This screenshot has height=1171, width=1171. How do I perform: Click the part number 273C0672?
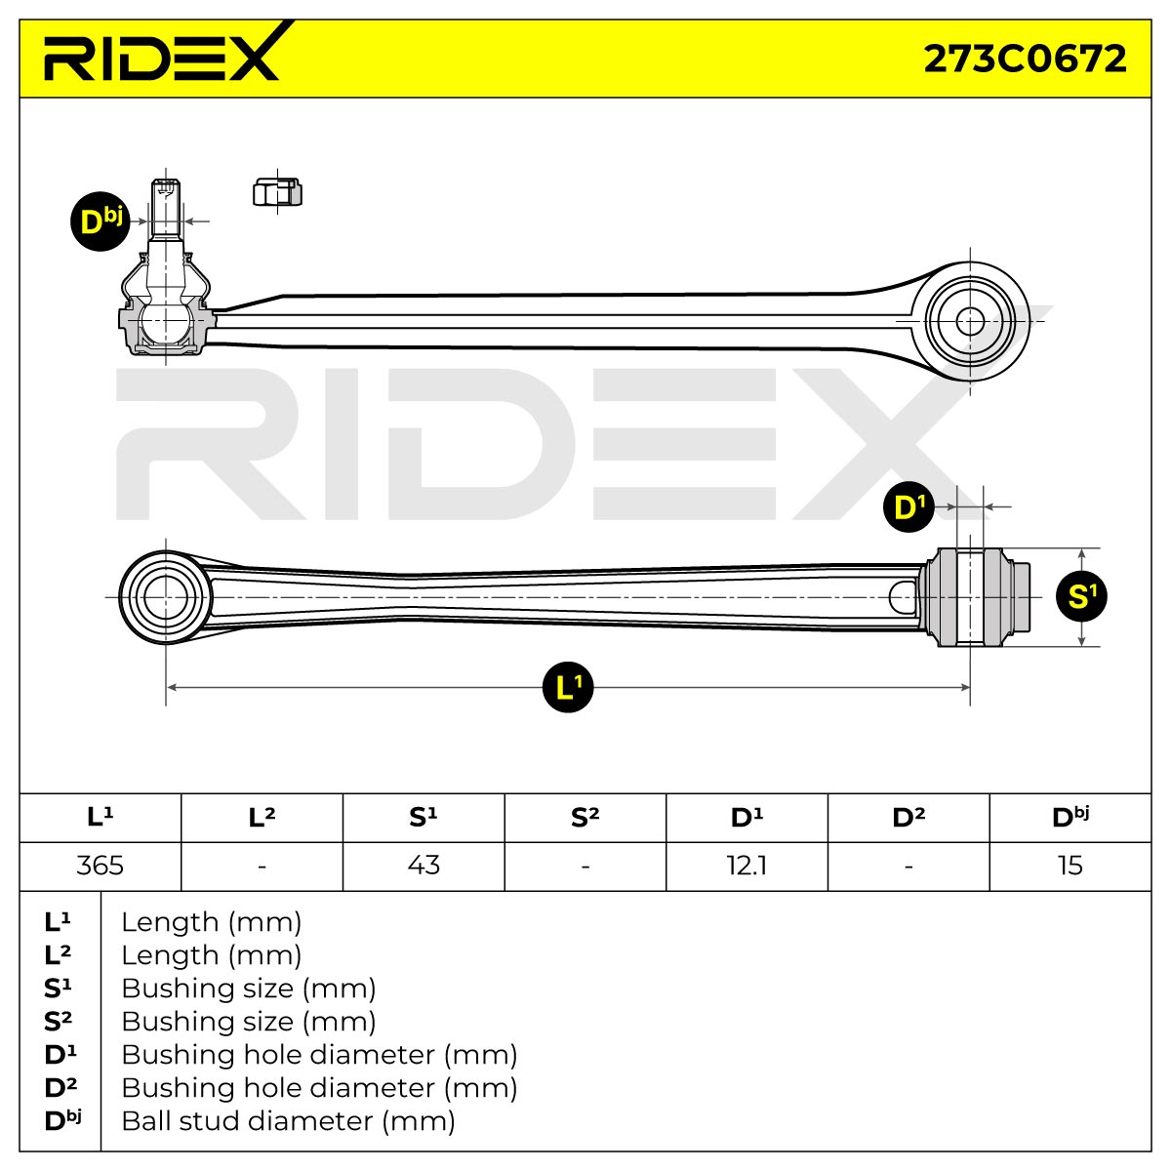pos(1025,60)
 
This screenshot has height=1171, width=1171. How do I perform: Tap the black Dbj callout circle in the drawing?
pos(101,222)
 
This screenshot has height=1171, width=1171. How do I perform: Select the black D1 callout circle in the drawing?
pos(909,506)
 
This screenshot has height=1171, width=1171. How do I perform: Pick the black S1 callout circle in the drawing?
pos(1081,597)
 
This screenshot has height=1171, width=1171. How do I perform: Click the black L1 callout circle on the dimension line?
pos(568,687)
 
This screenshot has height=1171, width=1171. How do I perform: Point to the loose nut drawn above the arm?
pos(277,192)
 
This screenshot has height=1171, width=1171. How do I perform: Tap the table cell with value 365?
pos(101,866)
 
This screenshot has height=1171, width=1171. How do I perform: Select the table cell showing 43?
pos(424,866)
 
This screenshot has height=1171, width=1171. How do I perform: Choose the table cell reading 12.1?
pos(747,866)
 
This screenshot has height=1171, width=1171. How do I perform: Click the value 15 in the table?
pos(1070,866)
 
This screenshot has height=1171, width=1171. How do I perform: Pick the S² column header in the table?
pos(585,818)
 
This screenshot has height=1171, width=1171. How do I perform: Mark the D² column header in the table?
pos(909,818)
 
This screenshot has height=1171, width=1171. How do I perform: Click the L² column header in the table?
pos(262,818)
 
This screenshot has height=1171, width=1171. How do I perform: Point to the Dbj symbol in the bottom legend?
pos(62,1120)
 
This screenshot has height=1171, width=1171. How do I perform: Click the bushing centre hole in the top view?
pos(970,321)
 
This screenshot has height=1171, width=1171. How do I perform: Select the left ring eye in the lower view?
pos(165,597)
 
